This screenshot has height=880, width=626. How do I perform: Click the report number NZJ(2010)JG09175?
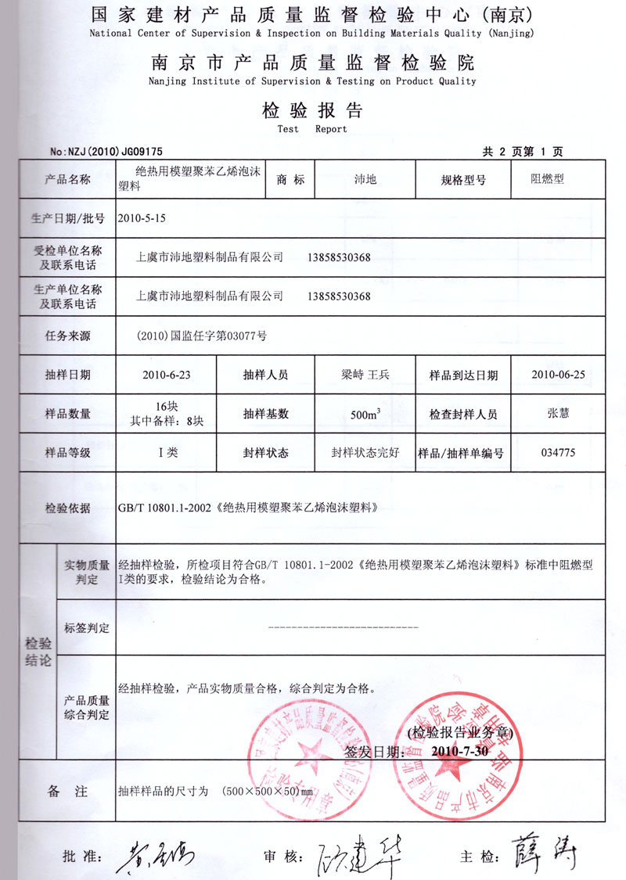106,152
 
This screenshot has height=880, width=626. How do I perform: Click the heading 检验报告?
312,110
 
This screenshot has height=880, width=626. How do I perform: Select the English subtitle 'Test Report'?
312,129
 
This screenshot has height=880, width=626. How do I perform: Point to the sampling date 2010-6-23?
167,375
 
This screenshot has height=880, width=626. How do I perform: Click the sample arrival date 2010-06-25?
558,374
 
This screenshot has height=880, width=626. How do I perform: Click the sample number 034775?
558,452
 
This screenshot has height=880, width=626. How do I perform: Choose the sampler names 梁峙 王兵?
365,375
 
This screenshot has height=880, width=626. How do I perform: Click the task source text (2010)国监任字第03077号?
201,336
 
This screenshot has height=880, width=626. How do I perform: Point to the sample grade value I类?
167,452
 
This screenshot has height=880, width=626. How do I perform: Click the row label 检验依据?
68,508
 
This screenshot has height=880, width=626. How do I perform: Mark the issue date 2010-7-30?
459,751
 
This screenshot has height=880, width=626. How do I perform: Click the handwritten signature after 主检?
547,853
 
